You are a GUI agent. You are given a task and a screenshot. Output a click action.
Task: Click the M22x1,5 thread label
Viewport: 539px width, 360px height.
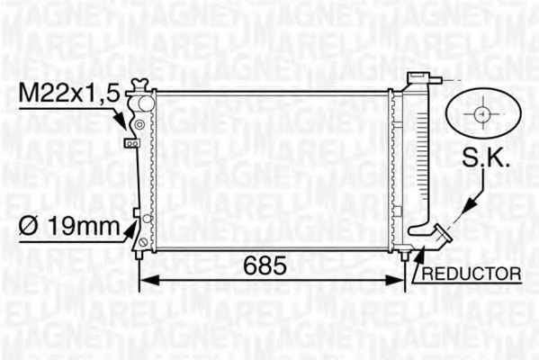click(69, 94)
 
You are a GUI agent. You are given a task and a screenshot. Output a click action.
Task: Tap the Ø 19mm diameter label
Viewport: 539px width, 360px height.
click(69, 226)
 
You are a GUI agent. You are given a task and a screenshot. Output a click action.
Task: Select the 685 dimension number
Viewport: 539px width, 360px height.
click(265, 265)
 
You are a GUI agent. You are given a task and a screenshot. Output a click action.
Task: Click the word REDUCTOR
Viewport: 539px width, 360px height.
click(472, 274)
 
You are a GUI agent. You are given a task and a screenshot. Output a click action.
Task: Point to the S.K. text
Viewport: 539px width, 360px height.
click(485, 158)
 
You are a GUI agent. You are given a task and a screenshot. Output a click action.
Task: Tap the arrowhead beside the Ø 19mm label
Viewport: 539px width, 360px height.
click(130, 229)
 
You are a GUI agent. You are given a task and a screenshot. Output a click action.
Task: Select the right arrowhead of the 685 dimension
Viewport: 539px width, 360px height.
click(394, 280)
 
